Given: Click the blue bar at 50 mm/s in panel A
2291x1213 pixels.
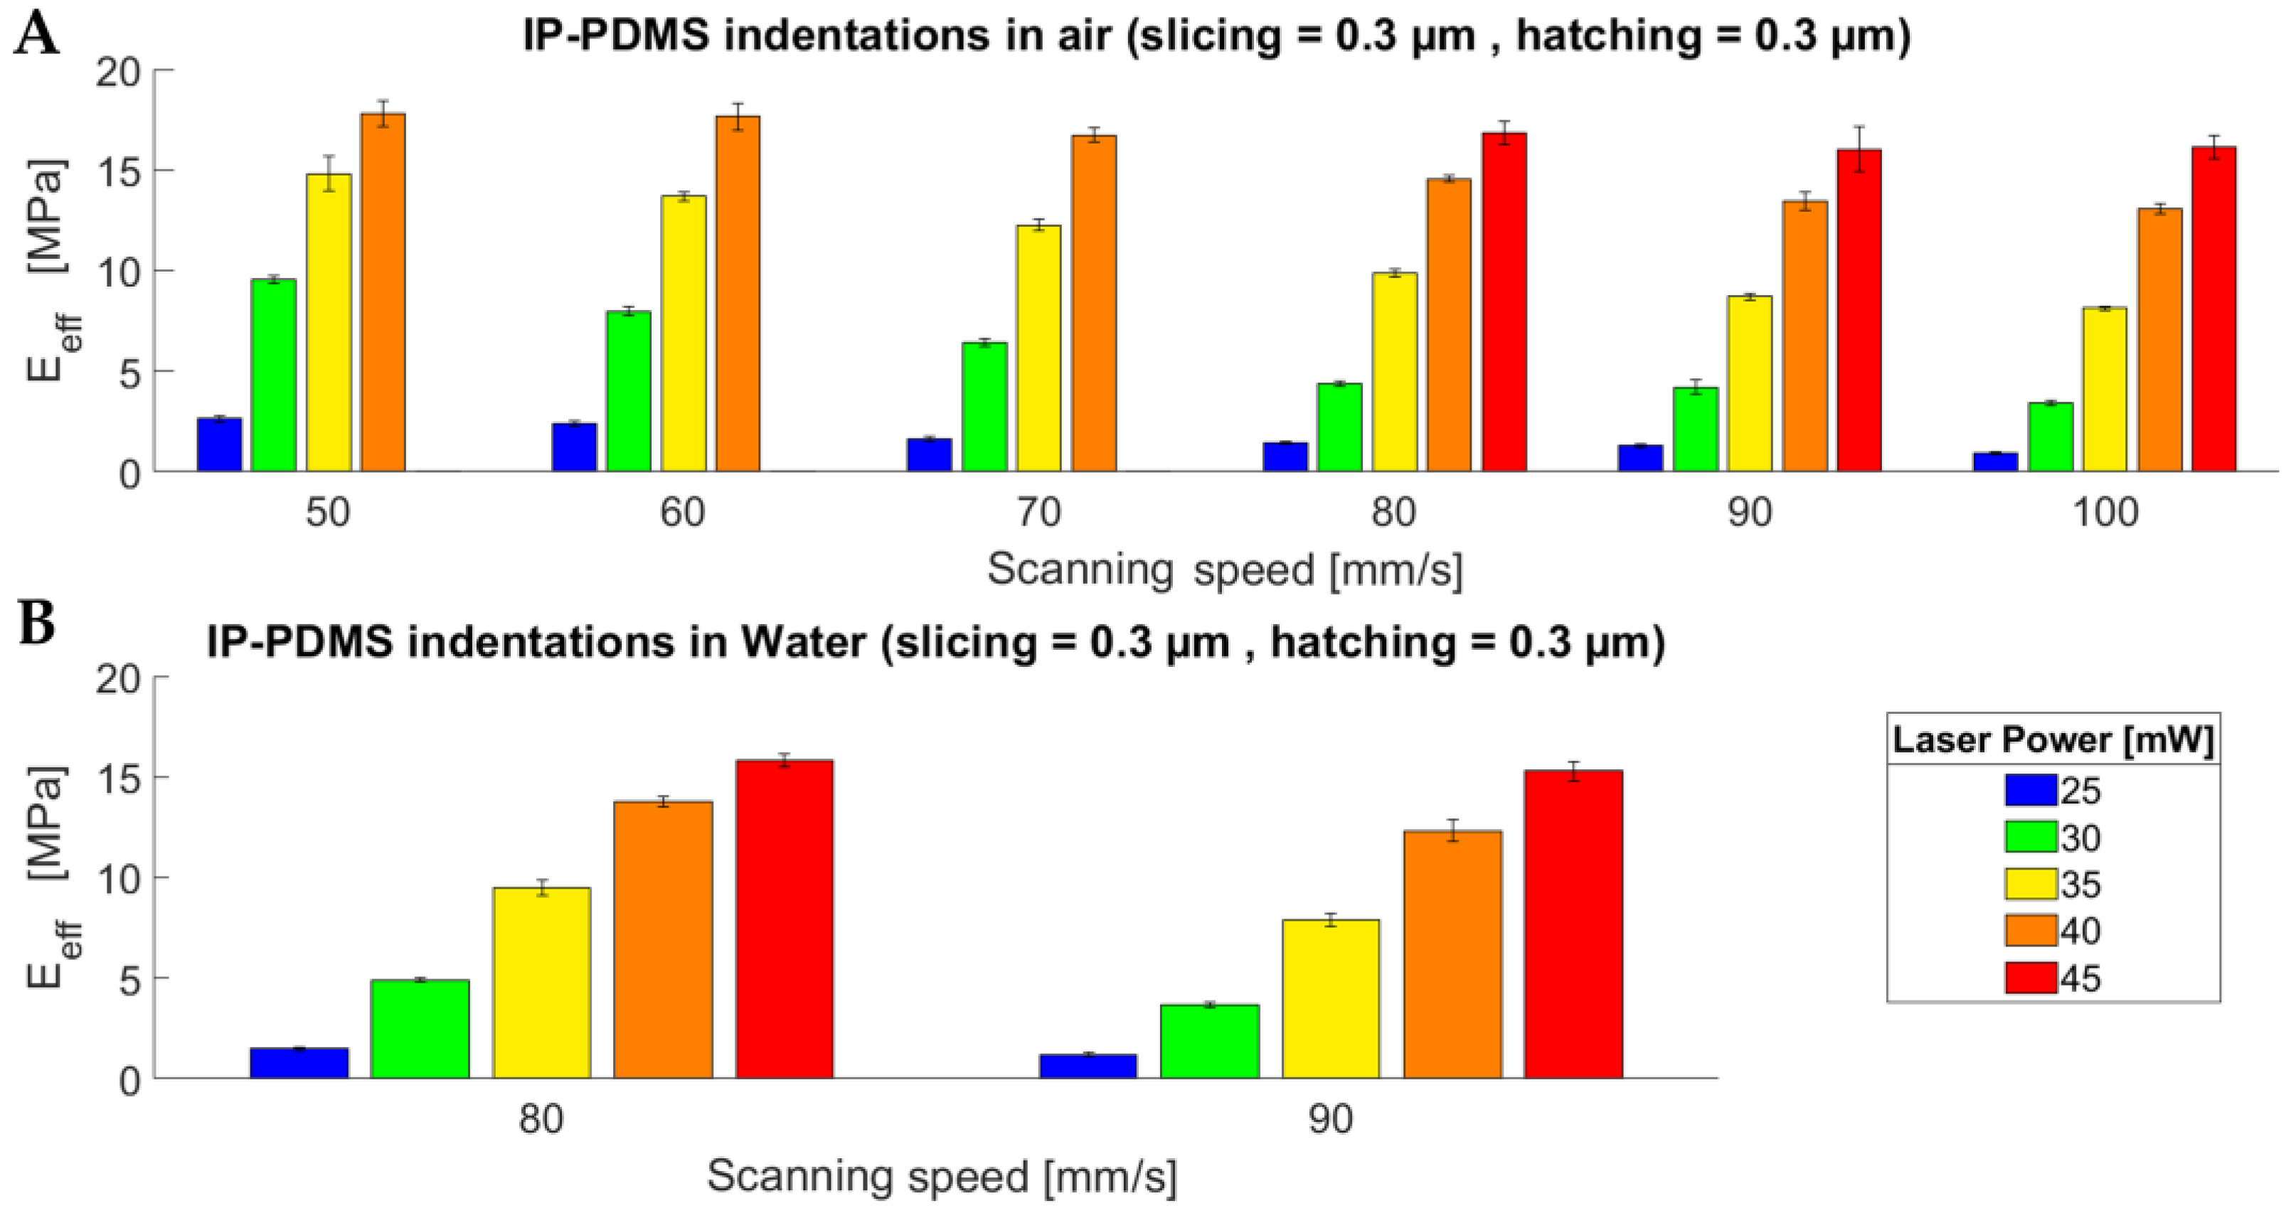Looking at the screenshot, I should (219, 444).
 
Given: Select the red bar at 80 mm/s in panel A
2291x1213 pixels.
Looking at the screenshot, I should (1503, 302).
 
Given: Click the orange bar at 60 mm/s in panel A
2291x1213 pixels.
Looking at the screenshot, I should (738, 294).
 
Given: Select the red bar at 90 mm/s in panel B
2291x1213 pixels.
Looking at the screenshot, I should (1573, 925).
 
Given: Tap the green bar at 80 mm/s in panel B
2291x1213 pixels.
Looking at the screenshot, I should (420, 1029).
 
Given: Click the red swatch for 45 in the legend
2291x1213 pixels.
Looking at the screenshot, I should (2031, 978).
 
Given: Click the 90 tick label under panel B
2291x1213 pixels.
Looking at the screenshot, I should (1331, 1121).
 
